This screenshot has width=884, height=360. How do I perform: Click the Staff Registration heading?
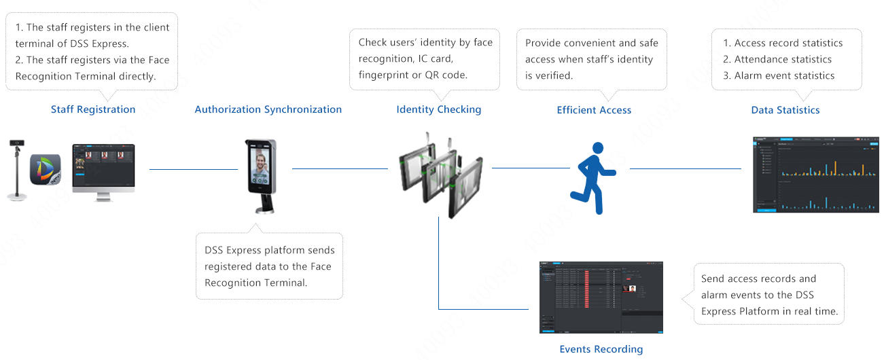point(93,109)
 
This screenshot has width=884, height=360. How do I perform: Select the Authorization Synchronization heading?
point(268,109)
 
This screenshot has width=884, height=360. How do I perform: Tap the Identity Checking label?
point(438,109)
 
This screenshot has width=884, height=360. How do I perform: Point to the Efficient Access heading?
point(594,110)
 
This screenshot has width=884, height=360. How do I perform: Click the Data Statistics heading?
point(785,110)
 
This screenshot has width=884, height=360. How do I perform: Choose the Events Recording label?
point(601,349)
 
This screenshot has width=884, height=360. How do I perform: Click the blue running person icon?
point(593,179)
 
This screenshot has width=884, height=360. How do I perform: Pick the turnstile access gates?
point(440,175)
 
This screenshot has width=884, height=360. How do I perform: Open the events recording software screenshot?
point(601,298)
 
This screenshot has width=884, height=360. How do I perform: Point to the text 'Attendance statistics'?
point(783,59)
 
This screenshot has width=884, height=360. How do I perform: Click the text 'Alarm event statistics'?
point(784,75)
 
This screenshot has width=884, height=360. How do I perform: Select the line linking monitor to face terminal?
point(193,169)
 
